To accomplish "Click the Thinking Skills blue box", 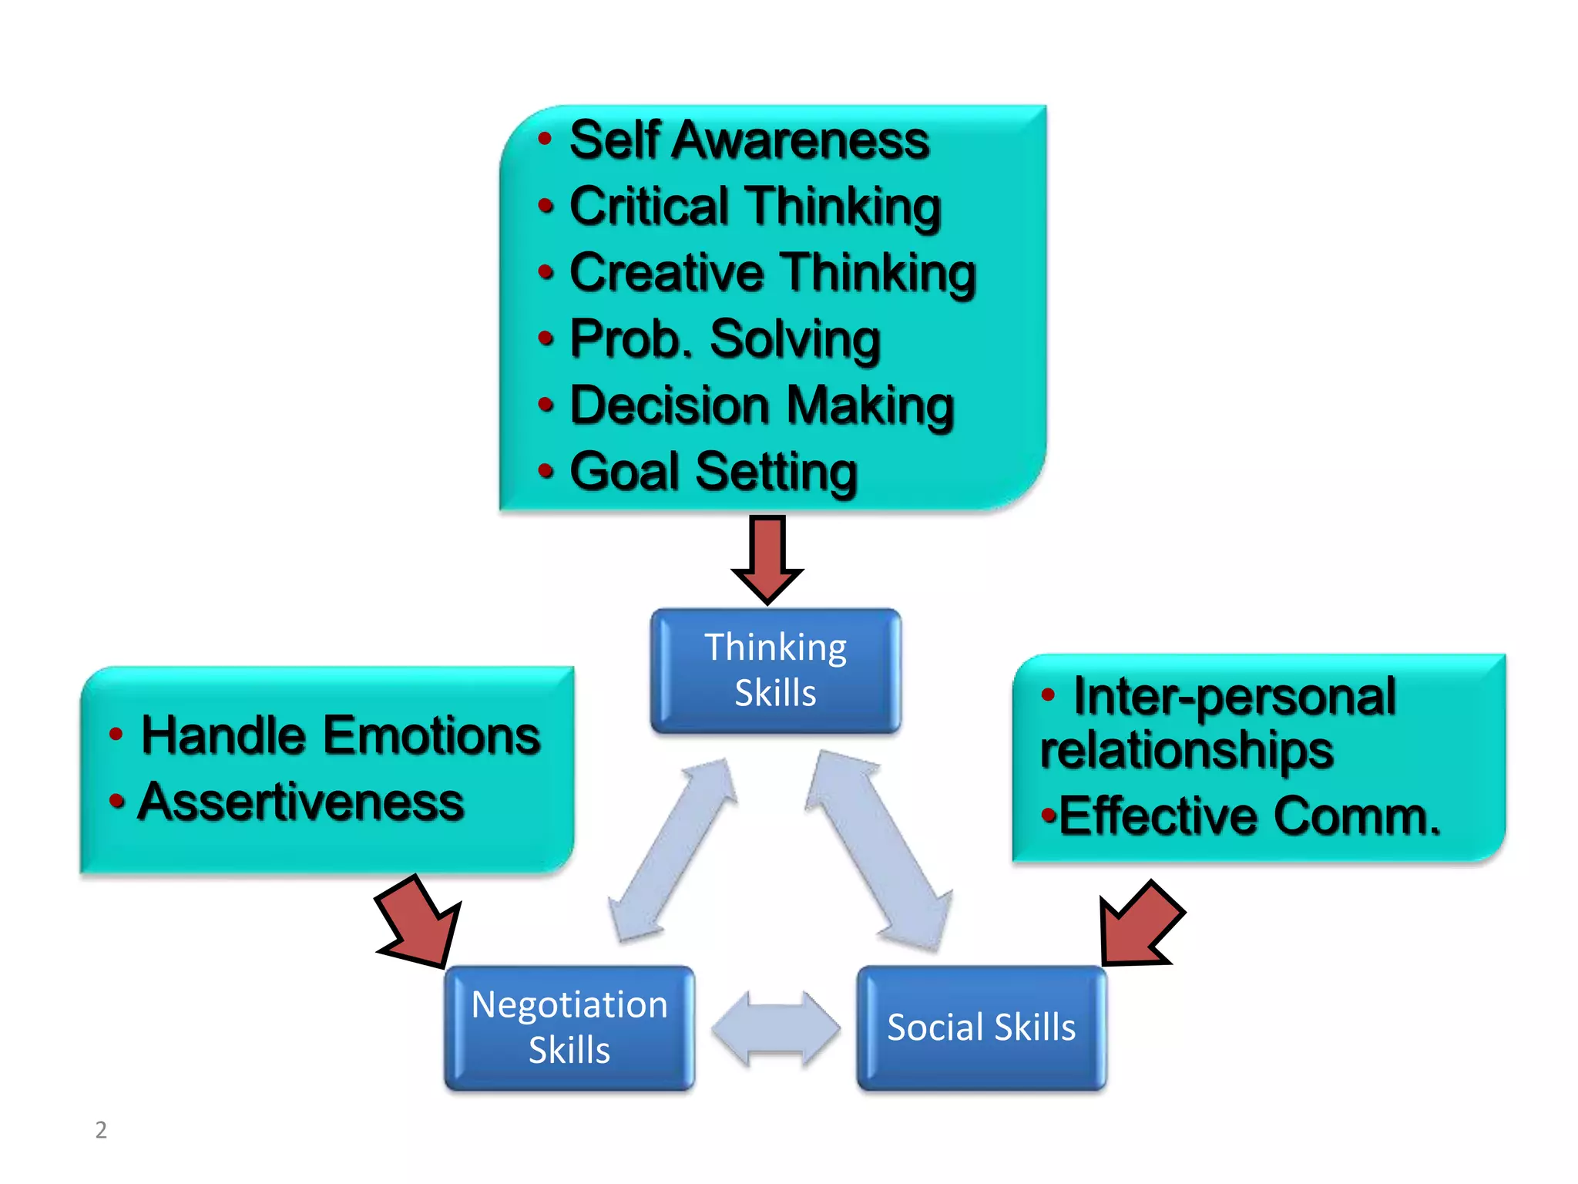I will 775,670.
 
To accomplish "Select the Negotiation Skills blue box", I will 569,1028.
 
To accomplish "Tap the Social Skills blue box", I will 981,1028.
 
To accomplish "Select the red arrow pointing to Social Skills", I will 1138,925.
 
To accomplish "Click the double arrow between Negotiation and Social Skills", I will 776,1028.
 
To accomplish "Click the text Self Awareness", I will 749,140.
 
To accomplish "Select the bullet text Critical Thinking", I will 755,207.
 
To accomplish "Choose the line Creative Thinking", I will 773,273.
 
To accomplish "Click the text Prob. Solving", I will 725,339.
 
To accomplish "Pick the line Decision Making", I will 762,405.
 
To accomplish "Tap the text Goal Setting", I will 713,472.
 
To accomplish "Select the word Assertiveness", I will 300,802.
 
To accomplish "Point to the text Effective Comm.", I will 1249,816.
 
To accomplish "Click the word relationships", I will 1187,750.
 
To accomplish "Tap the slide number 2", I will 101,1129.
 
